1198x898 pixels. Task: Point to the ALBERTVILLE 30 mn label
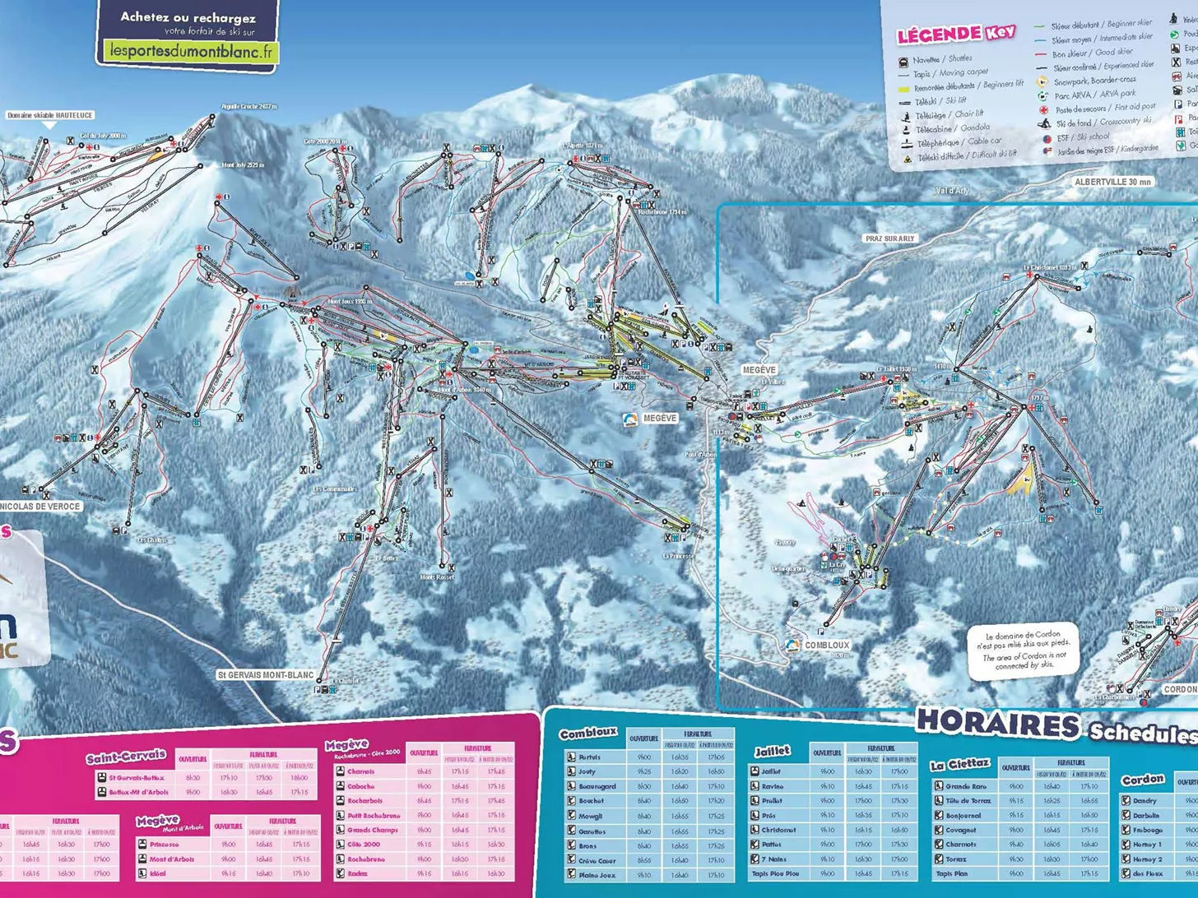tap(1112, 182)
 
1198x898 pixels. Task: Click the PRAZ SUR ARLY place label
tap(889, 238)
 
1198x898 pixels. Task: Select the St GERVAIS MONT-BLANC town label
tap(266, 675)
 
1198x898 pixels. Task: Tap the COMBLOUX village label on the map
tap(826, 646)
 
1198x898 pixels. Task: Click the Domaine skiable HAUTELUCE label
tap(50, 116)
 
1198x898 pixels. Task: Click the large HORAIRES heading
tap(997, 724)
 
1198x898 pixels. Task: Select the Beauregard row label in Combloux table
tap(597, 786)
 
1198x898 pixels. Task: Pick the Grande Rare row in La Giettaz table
tap(959, 786)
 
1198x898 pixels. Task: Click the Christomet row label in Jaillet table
tap(778, 830)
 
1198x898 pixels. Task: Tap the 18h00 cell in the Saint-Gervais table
tap(299, 778)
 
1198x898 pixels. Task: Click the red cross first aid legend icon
tap(1043, 109)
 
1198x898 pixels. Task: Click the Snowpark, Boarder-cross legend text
tap(1094, 81)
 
